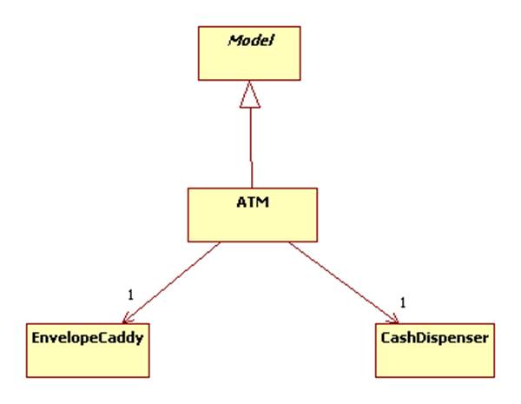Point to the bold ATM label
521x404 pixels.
click(250, 202)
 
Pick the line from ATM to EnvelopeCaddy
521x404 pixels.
click(178, 278)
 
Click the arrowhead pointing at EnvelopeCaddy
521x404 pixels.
click(138, 315)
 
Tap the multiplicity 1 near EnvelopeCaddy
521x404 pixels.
click(130, 295)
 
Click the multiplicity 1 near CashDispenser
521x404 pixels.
click(403, 302)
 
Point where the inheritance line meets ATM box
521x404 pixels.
click(251, 185)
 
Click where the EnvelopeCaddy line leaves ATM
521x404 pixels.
click(221, 242)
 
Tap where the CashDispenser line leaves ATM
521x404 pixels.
click(288, 242)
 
